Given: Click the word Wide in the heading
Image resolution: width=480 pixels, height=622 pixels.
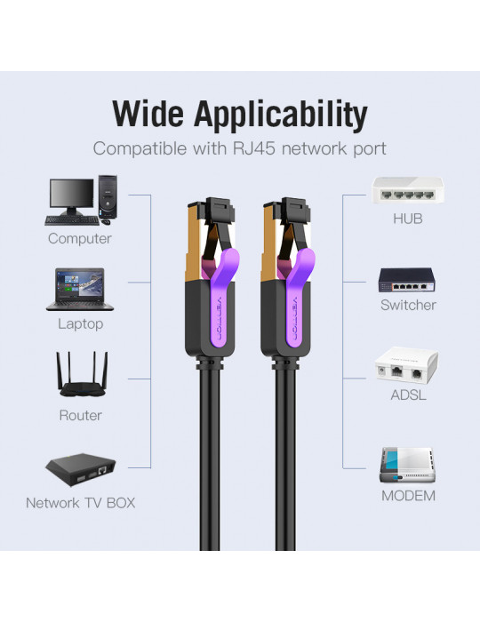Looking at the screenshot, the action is coord(148,114).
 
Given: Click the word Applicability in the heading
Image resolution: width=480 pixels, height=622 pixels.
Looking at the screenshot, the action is coord(280,116).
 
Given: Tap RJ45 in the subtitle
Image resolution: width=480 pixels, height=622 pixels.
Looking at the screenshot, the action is coord(255,148).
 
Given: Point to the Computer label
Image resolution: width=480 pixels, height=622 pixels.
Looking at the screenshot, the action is coord(80,238).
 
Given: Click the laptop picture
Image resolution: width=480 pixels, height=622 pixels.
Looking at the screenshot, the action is coord(80,290).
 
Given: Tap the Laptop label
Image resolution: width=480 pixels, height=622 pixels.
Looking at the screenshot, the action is coord(81,324).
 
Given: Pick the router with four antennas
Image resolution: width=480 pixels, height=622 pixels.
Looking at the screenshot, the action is coord(82,374).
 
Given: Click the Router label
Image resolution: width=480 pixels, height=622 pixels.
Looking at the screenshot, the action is coord(81,415).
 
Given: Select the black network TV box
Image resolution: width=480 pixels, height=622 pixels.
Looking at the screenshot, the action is coord(81,470).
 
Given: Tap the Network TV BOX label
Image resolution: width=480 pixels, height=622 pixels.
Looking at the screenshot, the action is coord(81,503).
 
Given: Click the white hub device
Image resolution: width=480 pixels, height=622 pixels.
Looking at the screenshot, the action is coord(407,190).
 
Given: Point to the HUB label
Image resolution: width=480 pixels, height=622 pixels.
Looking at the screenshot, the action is coord(408,219).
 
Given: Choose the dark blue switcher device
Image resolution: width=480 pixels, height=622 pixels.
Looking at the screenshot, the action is coord(406,280).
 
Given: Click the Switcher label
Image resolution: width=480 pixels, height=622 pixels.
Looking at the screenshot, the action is coord(408,305).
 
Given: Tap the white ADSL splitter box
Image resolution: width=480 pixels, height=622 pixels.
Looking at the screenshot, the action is coord(406,365).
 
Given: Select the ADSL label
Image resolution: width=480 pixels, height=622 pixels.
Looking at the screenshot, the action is coord(408,395).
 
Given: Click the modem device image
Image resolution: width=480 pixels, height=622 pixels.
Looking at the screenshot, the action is coord(407,466).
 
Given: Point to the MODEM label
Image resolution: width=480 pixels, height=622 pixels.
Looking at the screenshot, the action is coord(408,496).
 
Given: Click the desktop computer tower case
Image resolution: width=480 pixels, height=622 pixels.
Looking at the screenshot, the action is coord(108,196).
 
